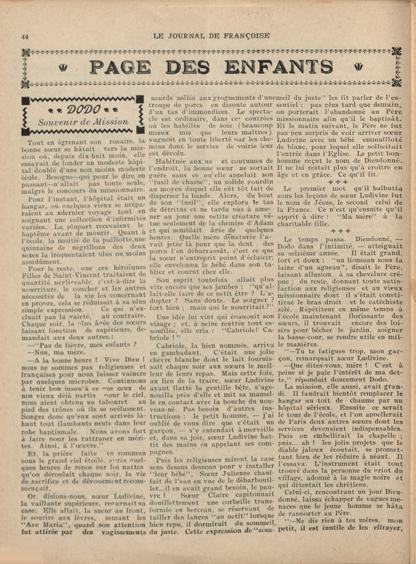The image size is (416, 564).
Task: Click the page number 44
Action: (25, 37)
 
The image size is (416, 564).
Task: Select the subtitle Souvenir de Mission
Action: (83, 122)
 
